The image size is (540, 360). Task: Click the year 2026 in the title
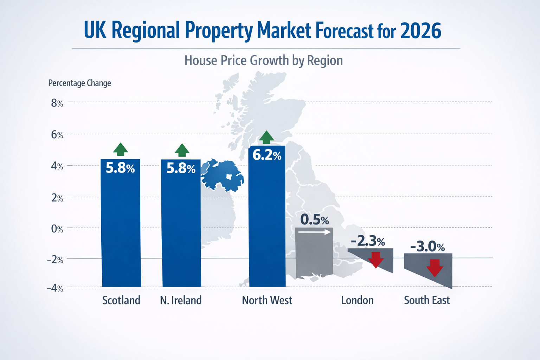pyautogui.click(x=420, y=31)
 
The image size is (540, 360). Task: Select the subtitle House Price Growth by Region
pyautogui.click(x=264, y=60)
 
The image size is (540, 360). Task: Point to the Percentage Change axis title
pyautogui.click(x=79, y=83)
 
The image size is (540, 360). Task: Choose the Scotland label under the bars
pyautogui.click(x=121, y=300)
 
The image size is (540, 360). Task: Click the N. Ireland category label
pyautogui.click(x=181, y=300)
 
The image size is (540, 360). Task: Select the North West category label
pyautogui.click(x=267, y=300)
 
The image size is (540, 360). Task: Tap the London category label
pyautogui.click(x=357, y=300)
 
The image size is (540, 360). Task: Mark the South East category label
pyautogui.click(x=427, y=300)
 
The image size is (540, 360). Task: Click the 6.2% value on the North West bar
pyautogui.click(x=267, y=155)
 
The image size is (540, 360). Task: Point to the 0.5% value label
pyautogui.click(x=315, y=220)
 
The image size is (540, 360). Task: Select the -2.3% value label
pyautogui.click(x=368, y=241)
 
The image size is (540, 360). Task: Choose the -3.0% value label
pyautogui.click(x=427, y=246)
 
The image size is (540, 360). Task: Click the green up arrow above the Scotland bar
pyautogui.click(x=121, y=149)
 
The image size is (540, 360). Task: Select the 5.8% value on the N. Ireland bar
pyautogui.click(x=181, y=169)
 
